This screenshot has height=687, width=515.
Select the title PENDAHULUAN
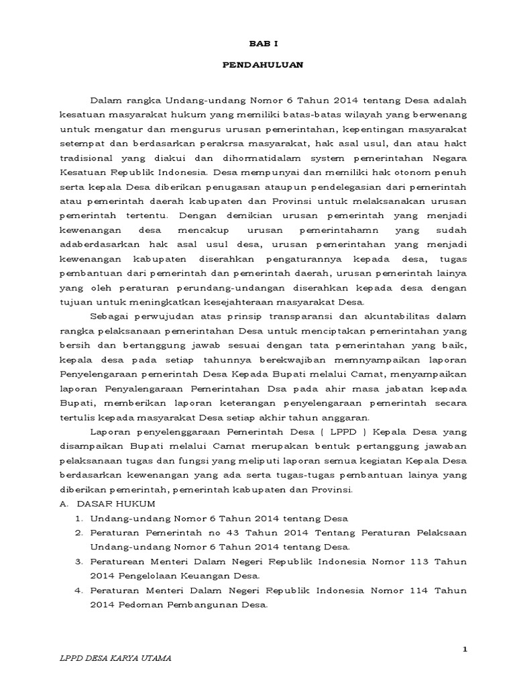pos(263,65)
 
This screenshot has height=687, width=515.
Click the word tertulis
pos(75,418)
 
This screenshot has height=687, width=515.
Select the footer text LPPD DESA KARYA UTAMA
pos(115,658)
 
